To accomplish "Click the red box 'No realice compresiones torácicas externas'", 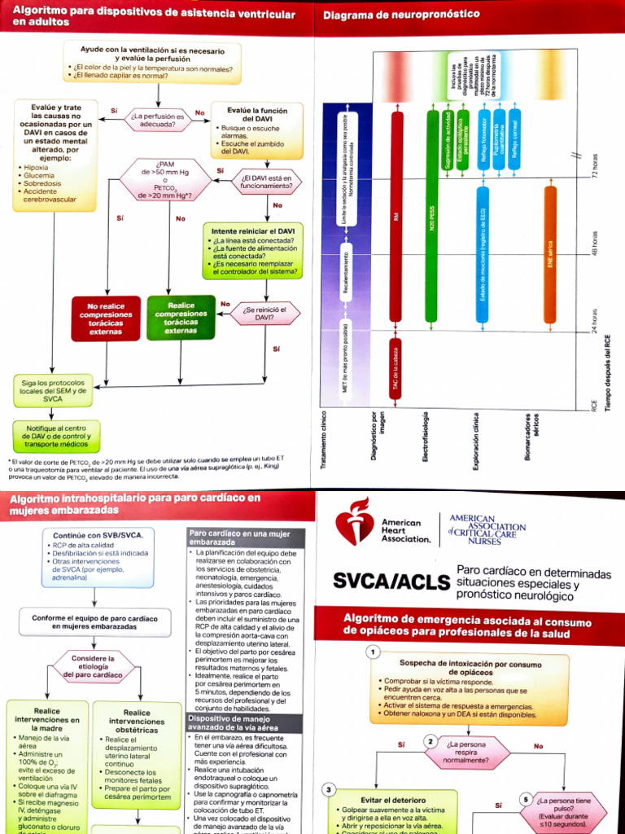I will tap(105, 318).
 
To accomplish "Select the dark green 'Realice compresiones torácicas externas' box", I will tap(181, 318).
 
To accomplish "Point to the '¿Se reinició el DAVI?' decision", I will tap(265, 313).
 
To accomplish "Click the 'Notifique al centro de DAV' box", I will tap(57, 437).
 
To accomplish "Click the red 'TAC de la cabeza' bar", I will tap(396, 371).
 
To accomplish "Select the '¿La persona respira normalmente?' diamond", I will tap(466, 752).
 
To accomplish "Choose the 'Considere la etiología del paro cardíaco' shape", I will tap(94, 666).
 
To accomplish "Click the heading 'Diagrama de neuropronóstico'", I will tap(401, 15).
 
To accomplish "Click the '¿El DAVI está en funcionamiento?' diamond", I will tap(265, 182).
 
